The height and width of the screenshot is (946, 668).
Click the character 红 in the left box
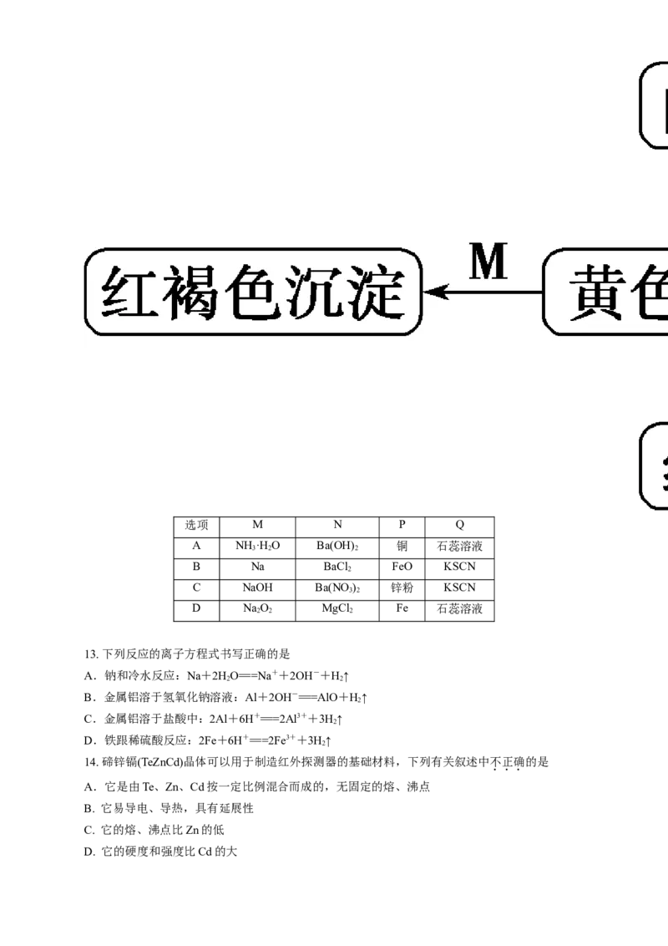[131, 292]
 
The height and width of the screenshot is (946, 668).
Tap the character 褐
[194, 292]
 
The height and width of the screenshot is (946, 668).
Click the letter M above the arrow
[488, 263]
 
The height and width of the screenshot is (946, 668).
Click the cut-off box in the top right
[655, 107]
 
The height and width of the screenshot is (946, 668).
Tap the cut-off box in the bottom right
[655, 465]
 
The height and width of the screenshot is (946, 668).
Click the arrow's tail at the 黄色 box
[541, 292]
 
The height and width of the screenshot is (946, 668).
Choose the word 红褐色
[194, 292]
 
